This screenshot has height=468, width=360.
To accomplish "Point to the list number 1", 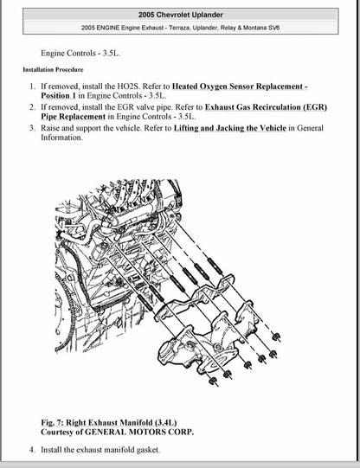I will point(32,87).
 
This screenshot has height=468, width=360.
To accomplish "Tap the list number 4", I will point(32,450).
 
